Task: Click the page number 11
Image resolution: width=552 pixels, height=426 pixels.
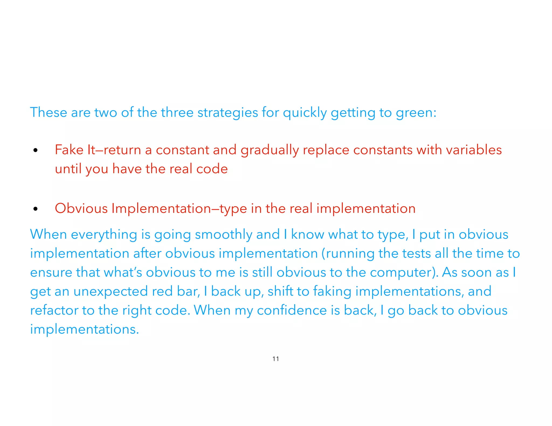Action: pyautogui.click(x=275, y=359)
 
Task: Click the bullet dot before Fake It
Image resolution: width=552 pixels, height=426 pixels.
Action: pyautogui.click(x=35, y=151)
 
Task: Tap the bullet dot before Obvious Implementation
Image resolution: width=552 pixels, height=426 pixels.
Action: pyautogui.click(x=35, y=209)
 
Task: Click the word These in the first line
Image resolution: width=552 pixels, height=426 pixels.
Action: pyautogui.click(x=48, y=112)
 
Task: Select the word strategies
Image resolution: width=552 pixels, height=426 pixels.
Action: pyautogui.click(x=228, y=113)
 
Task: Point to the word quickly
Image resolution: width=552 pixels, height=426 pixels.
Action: pyautogui.click(x=305, y=113)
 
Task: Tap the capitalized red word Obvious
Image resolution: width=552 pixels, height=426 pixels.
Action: pyautogui.click(x=81, y=208)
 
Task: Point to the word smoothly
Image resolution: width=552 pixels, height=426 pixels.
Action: pyautogui.click(x=223, y=235)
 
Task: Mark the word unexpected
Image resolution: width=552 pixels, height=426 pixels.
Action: pyautogui.click(x=111, y=292)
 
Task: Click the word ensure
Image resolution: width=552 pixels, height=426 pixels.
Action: pyautogui.click(x=51, y=273)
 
